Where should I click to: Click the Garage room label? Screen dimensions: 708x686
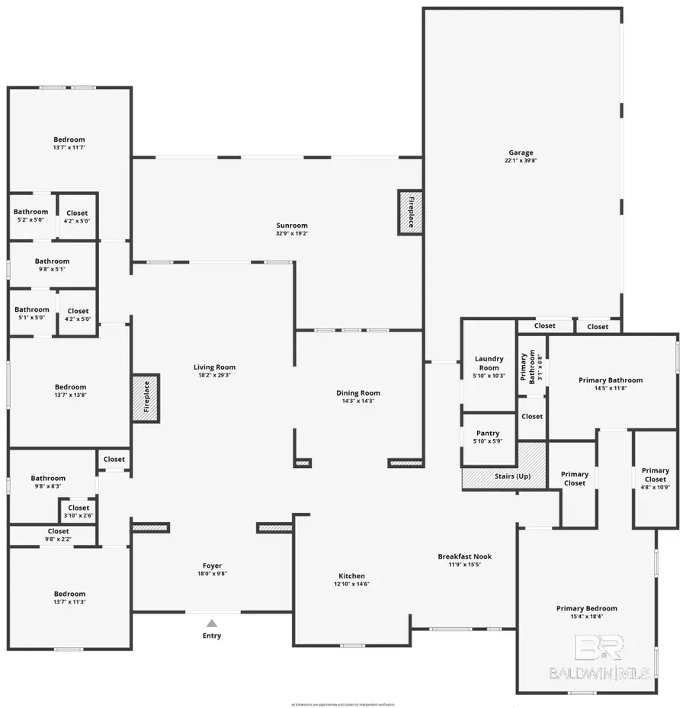(521, 152)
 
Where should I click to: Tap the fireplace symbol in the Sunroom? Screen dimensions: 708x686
(410, 212)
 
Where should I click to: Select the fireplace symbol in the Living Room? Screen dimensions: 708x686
(146, 397)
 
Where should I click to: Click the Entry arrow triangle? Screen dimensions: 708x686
(212, 623)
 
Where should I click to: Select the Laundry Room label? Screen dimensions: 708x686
(489, 363)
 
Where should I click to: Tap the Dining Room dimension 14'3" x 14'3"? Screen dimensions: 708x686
(358, 402)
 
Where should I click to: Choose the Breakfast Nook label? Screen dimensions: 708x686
(464, 556)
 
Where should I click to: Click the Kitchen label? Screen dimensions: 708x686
(351, 576)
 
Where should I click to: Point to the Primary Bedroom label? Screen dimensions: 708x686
(586, 608)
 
